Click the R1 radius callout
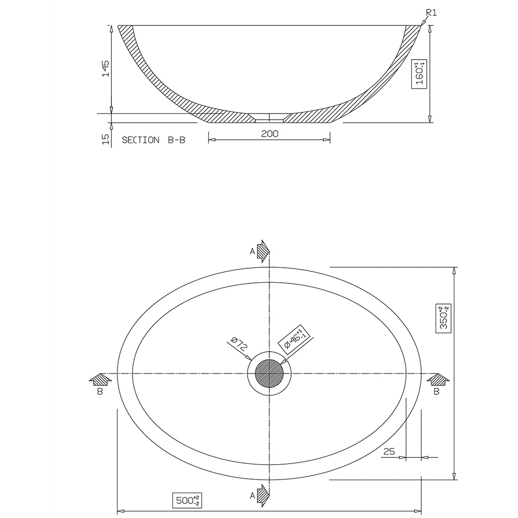(x=431, y=13)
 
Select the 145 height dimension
(x=106, y=68)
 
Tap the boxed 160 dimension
(x=420, y=74)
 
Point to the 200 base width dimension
(x=269, y=134)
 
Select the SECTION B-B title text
(x=153, y=140)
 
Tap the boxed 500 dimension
(x=186, y=501)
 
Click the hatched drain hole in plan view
(x=269, y=374)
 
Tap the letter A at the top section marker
(x=252, y=251)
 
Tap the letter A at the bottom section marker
(x=252, y=496)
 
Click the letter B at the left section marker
(x=99, y=392)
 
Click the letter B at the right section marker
(x=436, y=392)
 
